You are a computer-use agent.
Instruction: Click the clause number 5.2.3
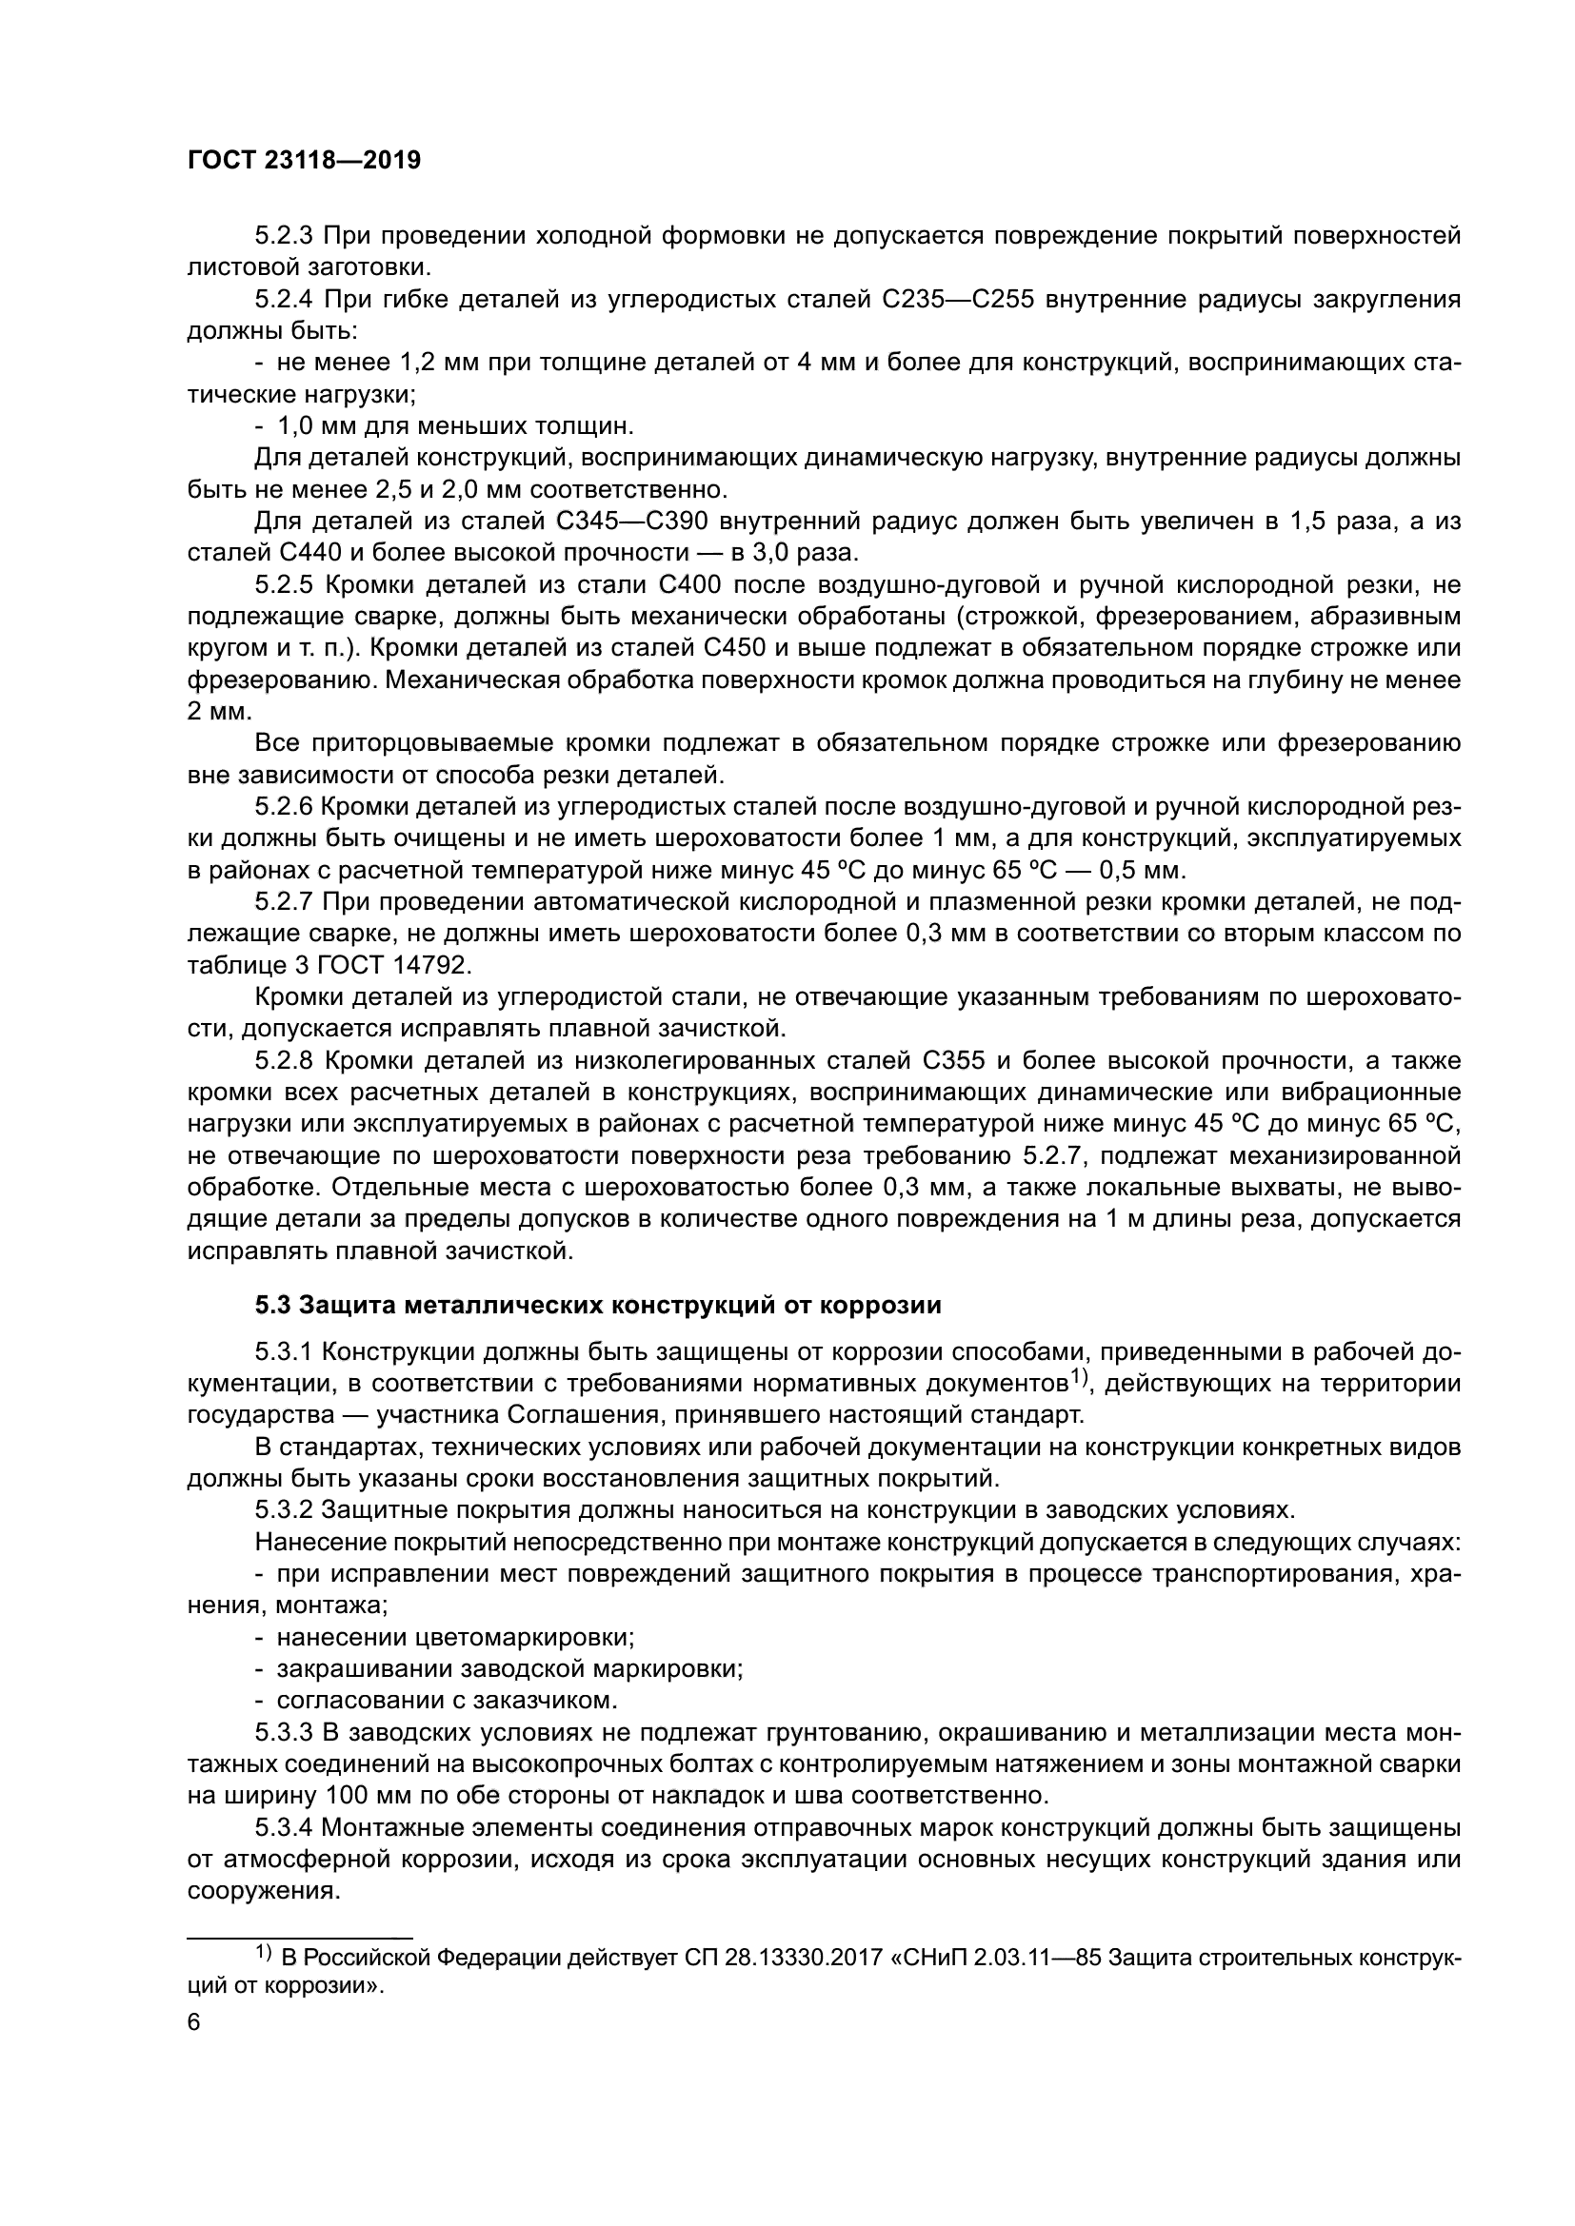pyautogui.click(x=283, y=236)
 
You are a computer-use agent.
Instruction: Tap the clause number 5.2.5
pyautogui.click(x=283, y=584)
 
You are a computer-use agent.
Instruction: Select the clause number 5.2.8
pyautogui.click(x=283, y=1060)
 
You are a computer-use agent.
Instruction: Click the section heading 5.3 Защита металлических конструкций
pyautogui.click(x=597, y=1305)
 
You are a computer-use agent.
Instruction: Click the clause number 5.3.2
pyautogui.click(x=283, y=1510)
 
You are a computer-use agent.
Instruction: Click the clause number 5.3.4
pyautogui.click(x=283, y=1827)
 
